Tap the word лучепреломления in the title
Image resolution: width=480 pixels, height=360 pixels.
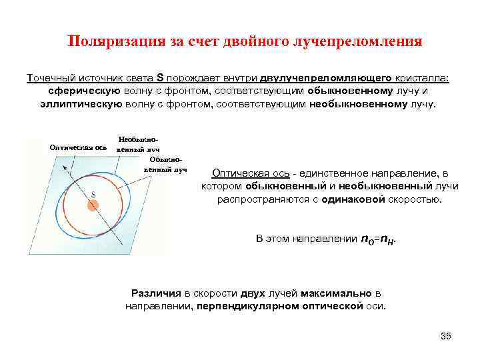(356, 42)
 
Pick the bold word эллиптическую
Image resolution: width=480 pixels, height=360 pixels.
(81, 104)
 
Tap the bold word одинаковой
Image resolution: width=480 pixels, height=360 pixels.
(351, 199)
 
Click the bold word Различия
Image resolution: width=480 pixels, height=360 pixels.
(155, 293)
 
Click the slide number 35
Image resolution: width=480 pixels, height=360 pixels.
(446, 335)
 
